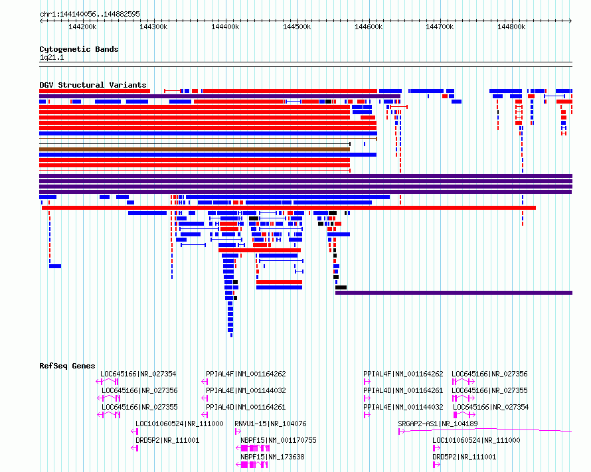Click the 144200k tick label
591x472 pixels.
[82, 27]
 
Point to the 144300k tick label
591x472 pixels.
[153, 27]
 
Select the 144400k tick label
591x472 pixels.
[225, 27]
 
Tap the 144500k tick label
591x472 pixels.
[297, 27]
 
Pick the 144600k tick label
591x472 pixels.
[369, 27]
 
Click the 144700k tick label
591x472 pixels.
[440, 27]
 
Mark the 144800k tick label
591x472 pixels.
[511, 27]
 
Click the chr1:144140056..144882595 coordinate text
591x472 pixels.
[90, 14]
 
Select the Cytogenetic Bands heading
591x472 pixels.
[79, 49]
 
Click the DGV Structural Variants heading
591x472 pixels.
[93, 85]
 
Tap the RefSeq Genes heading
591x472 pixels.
[67, 366]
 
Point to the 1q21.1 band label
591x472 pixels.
[52, 58]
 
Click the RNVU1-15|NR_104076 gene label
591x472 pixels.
[270, 424]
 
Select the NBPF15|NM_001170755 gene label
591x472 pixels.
[278, 440]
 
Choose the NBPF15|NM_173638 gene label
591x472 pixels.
[272, 457]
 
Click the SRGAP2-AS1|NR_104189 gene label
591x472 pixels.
[438, 424]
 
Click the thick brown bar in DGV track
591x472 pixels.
[195, 149]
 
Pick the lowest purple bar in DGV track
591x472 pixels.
[454, 293]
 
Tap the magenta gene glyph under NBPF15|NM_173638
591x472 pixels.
[252, 465]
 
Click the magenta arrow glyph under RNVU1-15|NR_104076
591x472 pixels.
[238, 432]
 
